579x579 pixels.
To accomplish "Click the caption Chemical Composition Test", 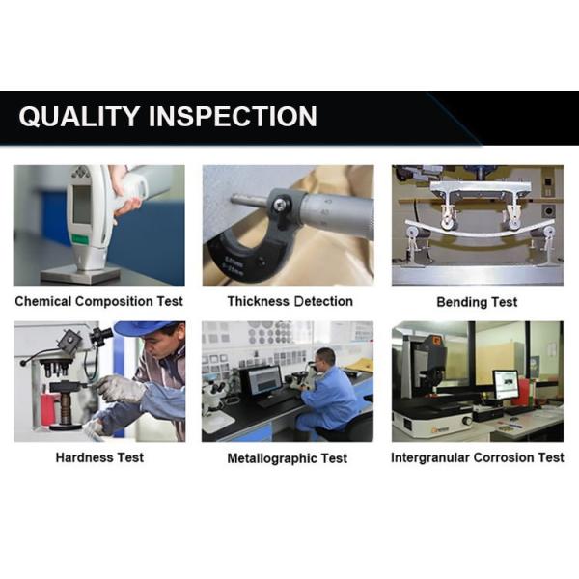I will tap(98, 301).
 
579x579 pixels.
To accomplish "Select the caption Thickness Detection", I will tap(289, 301).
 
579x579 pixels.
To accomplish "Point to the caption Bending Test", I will tap(477, 302).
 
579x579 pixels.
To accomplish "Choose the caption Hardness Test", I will tap(98, 456).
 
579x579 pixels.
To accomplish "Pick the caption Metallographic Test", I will tap(288, 458).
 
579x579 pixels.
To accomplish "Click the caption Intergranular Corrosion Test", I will tap(477, 457).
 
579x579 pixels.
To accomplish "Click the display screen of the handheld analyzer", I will tap(81, 206).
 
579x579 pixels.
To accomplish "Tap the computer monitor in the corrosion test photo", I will tap(505, 383).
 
